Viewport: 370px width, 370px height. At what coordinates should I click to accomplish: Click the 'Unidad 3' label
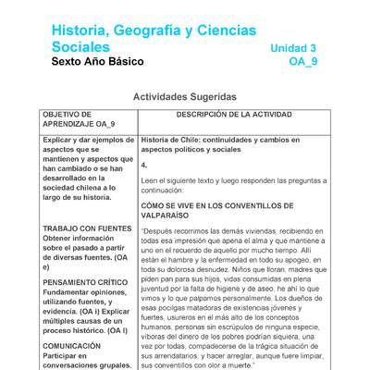point(293,48)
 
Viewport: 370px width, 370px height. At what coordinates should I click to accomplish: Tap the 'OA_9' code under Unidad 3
point(303,62)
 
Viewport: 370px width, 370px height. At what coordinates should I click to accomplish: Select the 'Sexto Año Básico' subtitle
point(98,62)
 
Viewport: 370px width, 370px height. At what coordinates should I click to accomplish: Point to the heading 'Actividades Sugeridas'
point(185,96)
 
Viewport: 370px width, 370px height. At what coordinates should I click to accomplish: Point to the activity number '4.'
point(144,165)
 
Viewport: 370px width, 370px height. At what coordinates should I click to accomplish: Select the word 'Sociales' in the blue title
point(80,47)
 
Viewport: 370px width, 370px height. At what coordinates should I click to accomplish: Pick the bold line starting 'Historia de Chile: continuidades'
point(229,139)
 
